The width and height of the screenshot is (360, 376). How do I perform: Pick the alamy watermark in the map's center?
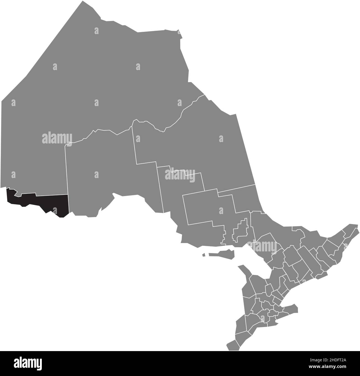[180, 174]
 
